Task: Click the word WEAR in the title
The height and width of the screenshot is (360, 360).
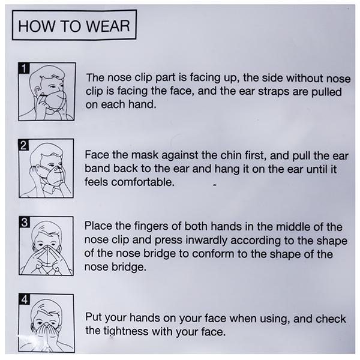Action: (108, 26)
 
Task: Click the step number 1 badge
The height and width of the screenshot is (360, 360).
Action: (24, 68)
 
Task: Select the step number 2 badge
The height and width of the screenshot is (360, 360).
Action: (23, 145)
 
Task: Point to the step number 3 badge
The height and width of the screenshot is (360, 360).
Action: (25, 222)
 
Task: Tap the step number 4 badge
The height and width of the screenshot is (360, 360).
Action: (25, 299)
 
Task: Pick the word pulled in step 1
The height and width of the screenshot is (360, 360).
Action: (326, 92)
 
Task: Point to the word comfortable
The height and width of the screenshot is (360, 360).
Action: (143, 182)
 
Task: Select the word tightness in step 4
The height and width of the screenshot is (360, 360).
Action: (126, 332)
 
